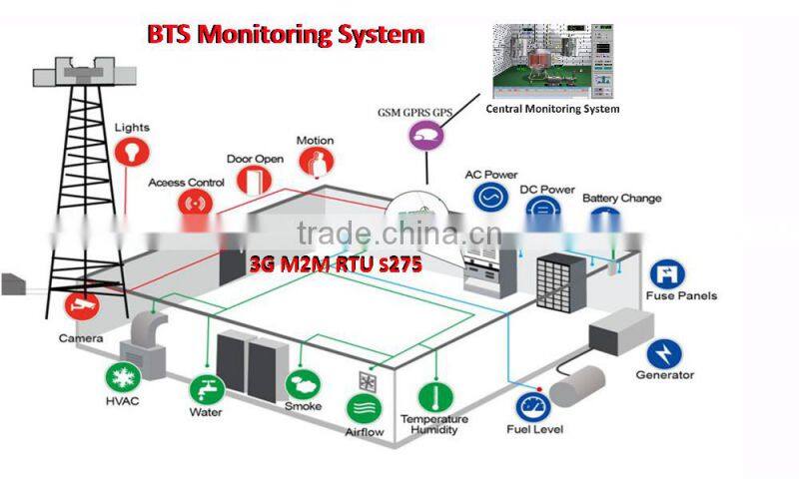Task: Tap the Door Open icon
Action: (x=255, y=179)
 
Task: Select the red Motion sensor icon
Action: (x=316, y=163)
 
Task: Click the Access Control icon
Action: (x=195, y=204)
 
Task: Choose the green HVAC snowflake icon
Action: (x=124, y=379)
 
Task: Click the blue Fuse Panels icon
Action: (x=666, y=273)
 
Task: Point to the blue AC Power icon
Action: (x=490, y=197)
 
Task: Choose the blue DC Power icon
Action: (x=545, y=210)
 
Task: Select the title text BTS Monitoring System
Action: (x=286, y=35)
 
